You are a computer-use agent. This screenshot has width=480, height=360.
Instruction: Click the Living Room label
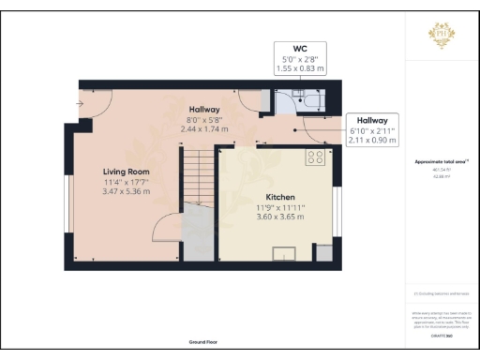point(126,172)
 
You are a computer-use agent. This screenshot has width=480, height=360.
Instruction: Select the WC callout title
point(299,47)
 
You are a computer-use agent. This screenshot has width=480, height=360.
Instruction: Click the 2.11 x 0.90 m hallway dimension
point(370,141)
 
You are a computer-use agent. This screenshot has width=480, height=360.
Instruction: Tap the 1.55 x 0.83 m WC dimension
point(299,67)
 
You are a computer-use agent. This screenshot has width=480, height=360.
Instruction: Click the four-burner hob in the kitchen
point(314,158)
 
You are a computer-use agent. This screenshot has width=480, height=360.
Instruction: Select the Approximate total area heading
point(442,162)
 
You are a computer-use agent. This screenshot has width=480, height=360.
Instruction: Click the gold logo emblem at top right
point(442,35)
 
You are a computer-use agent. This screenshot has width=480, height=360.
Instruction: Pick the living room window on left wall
point(67,201)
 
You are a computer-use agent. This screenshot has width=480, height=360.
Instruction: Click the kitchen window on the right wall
point(335,213)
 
